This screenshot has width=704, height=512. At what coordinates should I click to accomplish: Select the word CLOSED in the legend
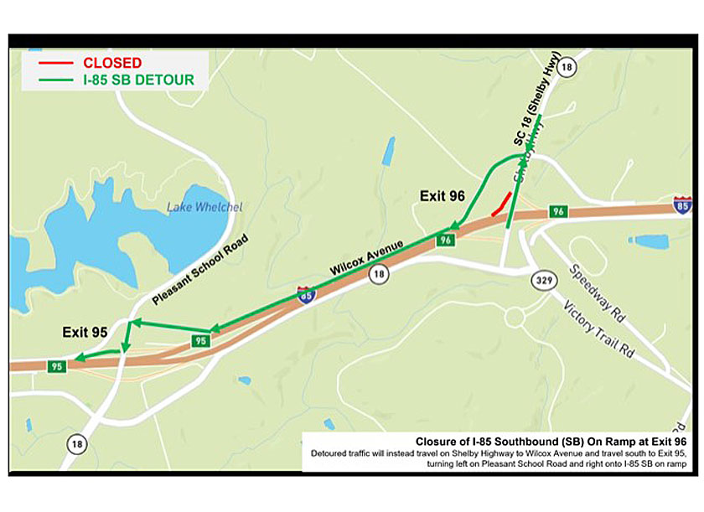112,63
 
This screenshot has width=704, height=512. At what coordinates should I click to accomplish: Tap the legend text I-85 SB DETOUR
138,80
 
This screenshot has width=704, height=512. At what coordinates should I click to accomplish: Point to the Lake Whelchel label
192,207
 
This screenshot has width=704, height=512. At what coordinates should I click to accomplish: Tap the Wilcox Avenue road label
367,257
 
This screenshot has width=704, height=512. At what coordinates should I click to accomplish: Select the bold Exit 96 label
442,196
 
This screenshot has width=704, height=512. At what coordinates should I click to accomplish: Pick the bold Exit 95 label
85,333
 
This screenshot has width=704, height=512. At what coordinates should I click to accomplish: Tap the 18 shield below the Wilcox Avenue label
380,273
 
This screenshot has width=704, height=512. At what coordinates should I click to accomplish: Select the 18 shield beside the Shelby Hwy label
567,68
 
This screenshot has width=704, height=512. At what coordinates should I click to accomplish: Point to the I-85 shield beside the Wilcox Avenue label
306,294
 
